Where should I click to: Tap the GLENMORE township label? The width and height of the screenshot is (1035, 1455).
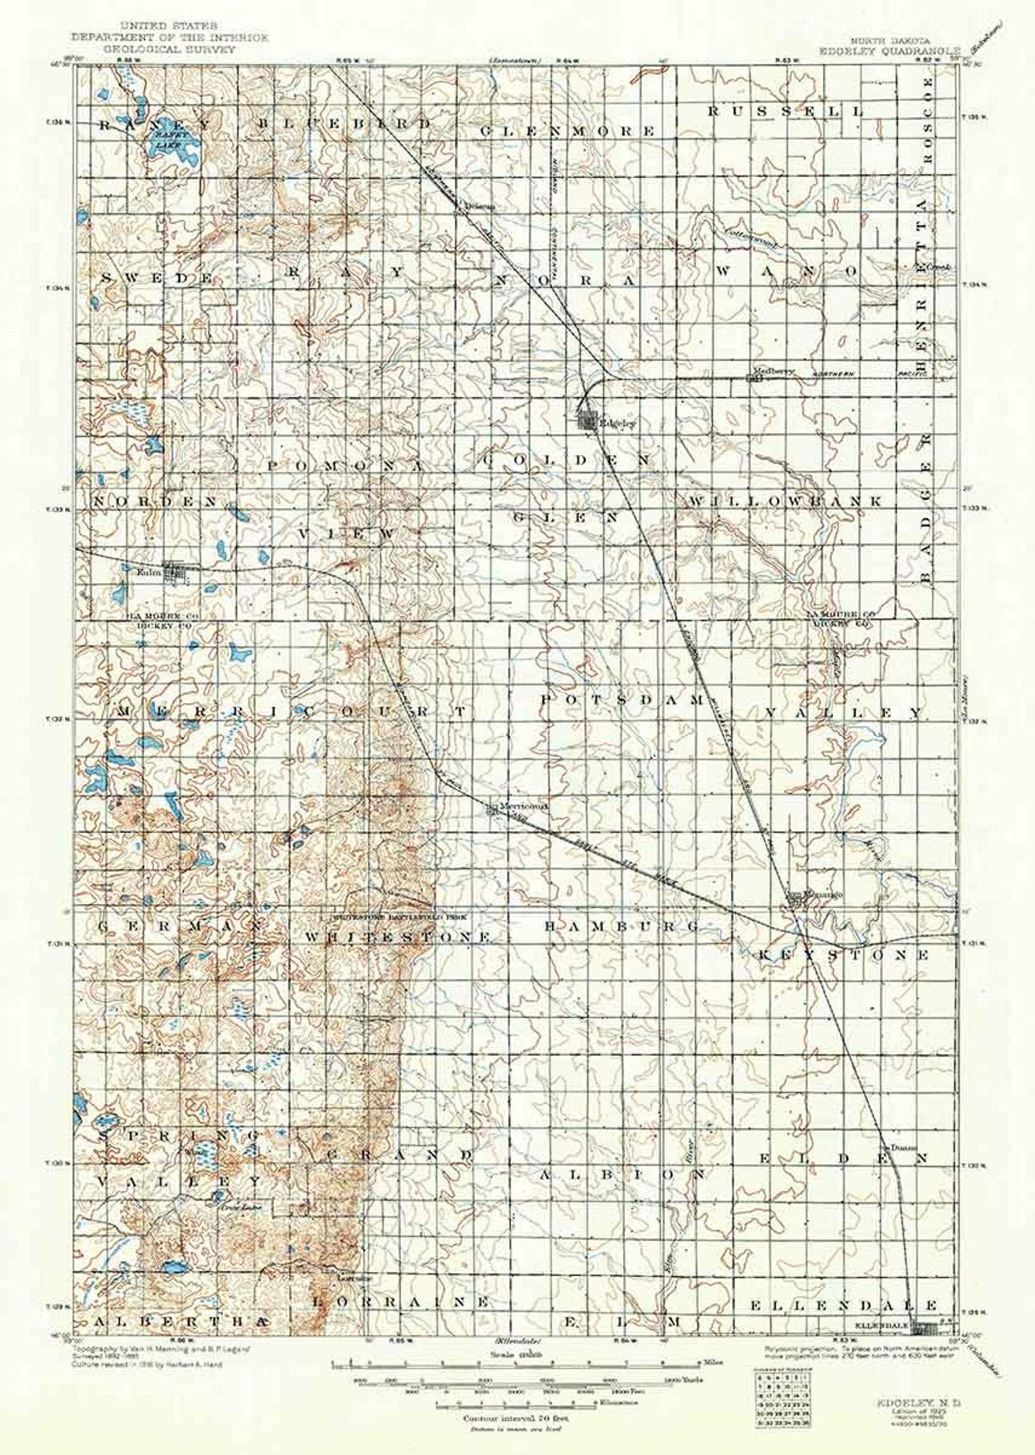point(567,131)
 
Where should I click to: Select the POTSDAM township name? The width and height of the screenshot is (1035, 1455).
point(622,700)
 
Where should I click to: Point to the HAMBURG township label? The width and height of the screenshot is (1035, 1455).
point(621,926)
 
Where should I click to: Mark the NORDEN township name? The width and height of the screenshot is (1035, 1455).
point(155,501)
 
